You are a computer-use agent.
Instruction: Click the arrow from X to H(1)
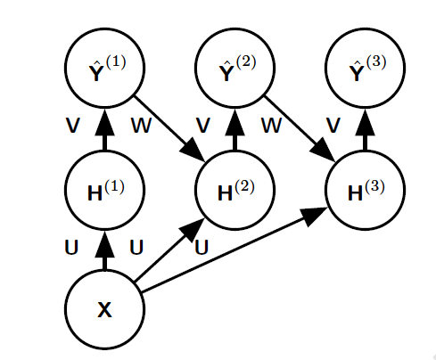coord(104,250)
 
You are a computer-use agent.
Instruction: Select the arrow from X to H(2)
coord(169,250)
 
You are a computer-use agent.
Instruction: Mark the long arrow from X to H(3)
coord(234,250)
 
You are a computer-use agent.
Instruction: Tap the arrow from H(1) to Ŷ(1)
coord(104,129)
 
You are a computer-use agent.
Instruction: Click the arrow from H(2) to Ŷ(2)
coord(234,129)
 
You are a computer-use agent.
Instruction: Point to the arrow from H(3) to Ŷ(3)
coord(365,129)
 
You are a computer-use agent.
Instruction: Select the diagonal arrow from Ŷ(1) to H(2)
coord(169,128)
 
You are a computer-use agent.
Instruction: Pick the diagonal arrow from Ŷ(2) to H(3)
coord(300,128)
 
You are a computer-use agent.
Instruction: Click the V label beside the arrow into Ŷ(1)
coord(73,125)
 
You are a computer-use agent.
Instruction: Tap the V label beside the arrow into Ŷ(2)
coord(203,125)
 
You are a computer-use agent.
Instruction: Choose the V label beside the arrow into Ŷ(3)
coord(333,125)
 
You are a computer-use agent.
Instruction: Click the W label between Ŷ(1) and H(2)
coord(142,125)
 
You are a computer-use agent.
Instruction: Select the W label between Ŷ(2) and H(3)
coord(271,125)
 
